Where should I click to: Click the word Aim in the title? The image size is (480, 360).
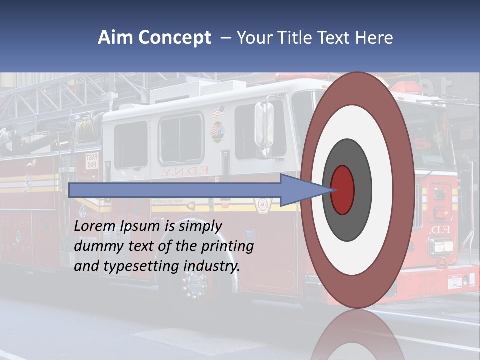(x=115, y=38)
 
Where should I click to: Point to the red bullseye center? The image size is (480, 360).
(x=343, y=190)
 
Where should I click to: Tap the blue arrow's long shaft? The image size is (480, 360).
(x=175, y=190)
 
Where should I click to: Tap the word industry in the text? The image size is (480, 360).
(x=212, y=266)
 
